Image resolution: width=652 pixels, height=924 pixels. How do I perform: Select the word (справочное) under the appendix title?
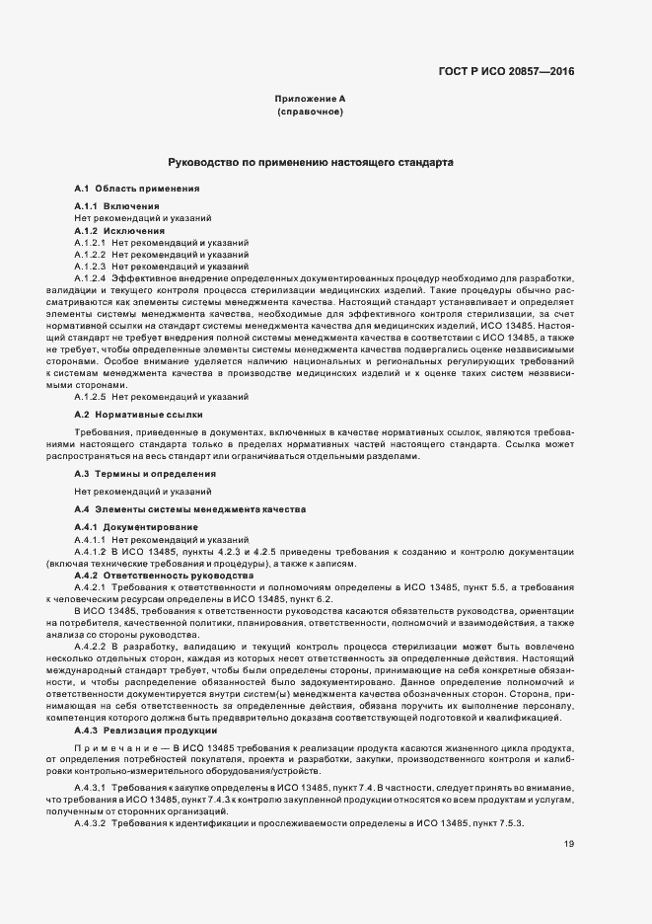[x=310, y=114]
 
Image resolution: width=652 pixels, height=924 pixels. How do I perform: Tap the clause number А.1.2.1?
[x=90, y=242]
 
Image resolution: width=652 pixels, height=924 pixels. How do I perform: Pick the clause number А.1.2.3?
[x=90, y=267]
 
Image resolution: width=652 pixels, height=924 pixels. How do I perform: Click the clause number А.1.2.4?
[x=90, y=278]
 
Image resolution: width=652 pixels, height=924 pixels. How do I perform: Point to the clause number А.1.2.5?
[x=90, y=397]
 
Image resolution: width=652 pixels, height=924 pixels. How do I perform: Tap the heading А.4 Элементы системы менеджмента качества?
[x=189, y=508]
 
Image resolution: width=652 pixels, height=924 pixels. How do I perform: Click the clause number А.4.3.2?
[x=90, y=795]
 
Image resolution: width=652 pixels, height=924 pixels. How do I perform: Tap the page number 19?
[x=569, y=815]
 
